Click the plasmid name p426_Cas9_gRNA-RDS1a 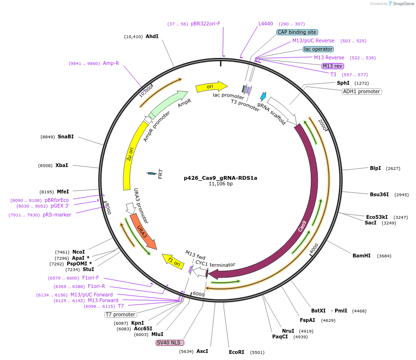[220, 178]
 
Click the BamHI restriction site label [361, 256]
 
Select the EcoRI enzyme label [236, 352]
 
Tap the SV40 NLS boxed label [170, 343]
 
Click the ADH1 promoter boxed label [361, 91]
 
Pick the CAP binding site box [297, 32]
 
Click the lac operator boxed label [318, 49]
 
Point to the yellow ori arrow [211, 87]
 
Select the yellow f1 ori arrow [173, 261]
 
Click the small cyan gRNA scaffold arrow [263, 96]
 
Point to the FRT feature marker [152, 174]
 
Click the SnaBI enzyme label [66, 136]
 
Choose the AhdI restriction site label [152, 36]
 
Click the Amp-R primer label [111, 63]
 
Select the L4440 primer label [266, 24]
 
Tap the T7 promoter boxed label [120, 314]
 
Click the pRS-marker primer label [57, 215]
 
